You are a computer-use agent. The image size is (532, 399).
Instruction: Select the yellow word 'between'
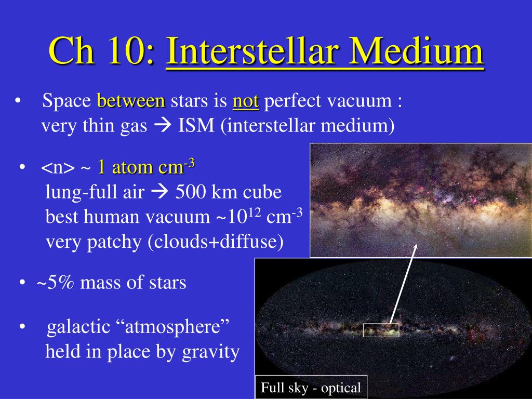click(x=131, y=101)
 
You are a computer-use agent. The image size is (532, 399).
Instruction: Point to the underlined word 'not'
click(x=246, y=101)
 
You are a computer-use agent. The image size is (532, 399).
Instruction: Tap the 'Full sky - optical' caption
click(x=311, y=388)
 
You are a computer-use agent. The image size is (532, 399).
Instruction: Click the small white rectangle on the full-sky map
click(x=381, y=330)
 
